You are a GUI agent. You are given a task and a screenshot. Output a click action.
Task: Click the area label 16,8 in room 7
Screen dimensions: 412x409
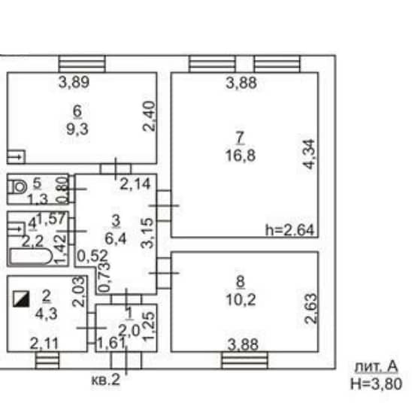point(241,155)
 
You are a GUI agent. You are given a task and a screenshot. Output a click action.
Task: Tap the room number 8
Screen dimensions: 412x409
point(241,282)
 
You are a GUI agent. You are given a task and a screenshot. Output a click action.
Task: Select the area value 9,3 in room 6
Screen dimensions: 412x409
point(77,129)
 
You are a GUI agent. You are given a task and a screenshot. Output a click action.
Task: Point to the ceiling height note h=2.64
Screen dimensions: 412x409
point(289,230)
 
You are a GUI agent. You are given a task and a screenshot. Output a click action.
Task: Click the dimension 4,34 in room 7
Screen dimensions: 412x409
point(308,154)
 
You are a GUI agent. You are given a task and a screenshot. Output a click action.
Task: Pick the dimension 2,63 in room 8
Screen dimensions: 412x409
point(311,308)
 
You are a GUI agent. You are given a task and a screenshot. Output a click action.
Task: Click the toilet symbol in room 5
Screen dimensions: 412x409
point(17,187)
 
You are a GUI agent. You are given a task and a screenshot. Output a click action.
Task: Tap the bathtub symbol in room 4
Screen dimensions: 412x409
point(31,256)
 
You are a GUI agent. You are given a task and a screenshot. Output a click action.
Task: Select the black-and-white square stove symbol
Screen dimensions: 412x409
point(21,298)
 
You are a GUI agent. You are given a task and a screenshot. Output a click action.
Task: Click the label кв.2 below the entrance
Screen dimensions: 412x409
point(105,380)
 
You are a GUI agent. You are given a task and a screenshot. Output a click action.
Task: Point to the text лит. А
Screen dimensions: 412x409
point(376,367)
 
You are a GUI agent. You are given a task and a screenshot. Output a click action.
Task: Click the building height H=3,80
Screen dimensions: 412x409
point(376,383)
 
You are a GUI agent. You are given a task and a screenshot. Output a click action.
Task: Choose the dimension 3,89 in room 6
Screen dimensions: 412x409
point(74,82)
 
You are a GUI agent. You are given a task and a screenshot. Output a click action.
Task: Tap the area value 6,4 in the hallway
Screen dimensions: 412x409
point(116,239)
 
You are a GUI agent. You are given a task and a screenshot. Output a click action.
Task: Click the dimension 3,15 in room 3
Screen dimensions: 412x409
point(147,233)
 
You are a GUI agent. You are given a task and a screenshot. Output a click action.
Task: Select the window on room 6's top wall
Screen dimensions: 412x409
point(82,64)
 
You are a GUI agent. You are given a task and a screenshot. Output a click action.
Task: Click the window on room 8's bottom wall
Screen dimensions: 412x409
point(245,360)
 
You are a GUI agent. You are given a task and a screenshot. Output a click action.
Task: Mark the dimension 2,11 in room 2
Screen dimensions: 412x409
point(44,344)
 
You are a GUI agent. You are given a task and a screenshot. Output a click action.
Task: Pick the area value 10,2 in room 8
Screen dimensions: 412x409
point(241,300)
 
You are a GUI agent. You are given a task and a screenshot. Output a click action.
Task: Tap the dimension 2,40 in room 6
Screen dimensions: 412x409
point(149,116)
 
